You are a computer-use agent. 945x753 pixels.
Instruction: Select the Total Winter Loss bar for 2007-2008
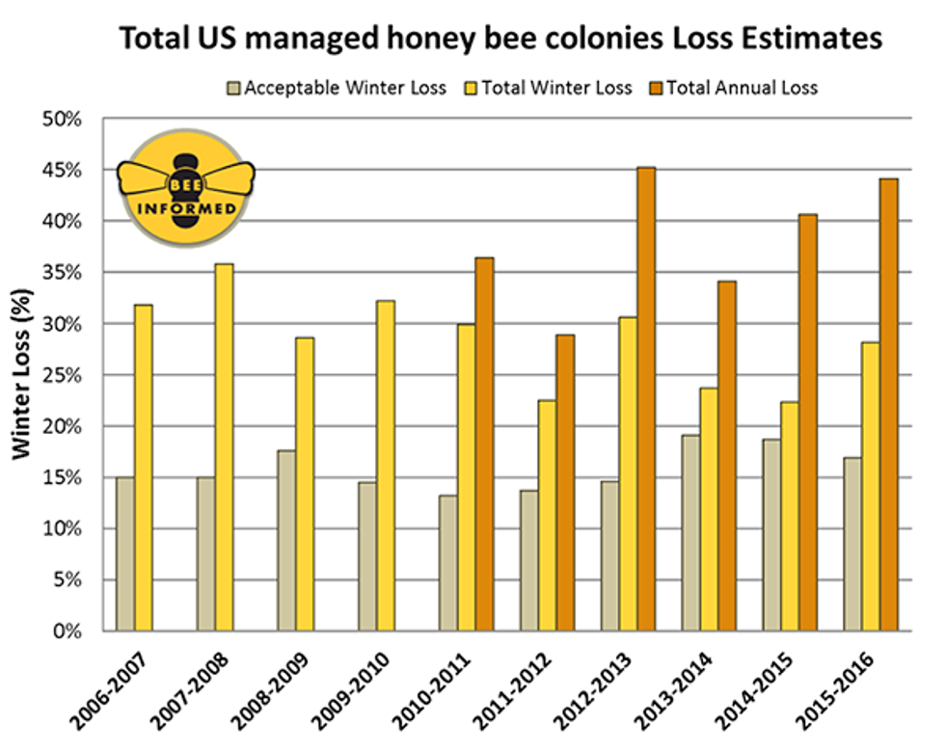tap(224, 447)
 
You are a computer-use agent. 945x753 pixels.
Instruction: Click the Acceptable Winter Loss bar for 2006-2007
tap(125, 553)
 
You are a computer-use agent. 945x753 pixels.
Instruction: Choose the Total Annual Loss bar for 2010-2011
tap(484, 444)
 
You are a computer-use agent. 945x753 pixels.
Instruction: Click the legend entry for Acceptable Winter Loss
tap(335, 88)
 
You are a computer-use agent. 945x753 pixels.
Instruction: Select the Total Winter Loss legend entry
tap(546, 88)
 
